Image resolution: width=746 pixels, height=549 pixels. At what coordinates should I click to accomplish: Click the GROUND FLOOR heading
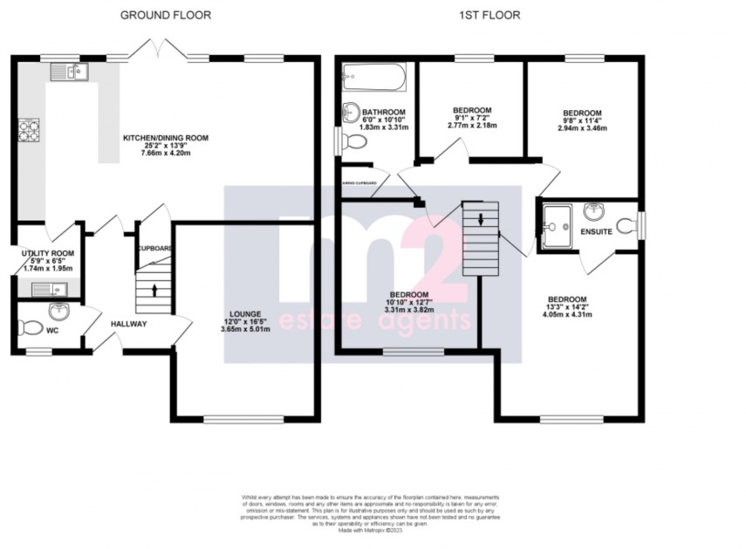165,15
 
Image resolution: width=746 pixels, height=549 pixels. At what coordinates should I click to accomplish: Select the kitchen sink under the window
67,72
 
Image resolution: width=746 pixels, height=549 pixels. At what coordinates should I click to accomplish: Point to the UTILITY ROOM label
48,253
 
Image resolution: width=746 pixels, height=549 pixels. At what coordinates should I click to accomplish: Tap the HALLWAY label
128,324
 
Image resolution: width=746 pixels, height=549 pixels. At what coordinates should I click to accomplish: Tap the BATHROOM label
384,113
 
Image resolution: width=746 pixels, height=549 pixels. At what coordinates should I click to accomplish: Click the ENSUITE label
596,231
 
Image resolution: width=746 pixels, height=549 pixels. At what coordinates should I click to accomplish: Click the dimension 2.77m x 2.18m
472,126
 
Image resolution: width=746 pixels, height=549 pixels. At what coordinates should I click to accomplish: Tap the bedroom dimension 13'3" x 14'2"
567,306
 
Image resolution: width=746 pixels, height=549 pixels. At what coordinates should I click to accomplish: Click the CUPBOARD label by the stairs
154,248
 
